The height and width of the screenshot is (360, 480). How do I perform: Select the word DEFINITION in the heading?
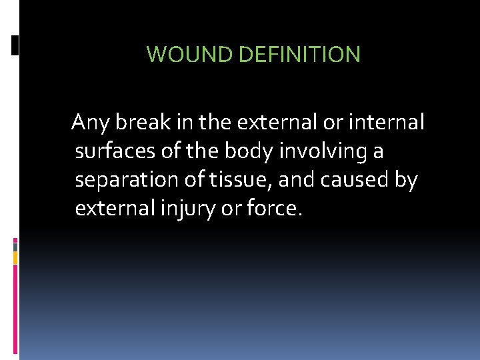coord(299,54)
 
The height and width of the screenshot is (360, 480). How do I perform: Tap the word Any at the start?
coord(91,123)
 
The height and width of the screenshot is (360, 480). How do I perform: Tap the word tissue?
coord(234,181)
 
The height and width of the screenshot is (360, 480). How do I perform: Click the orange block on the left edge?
coord(15,257)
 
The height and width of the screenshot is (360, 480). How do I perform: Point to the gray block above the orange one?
coord(15,246)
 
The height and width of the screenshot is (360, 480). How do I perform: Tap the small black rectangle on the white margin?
coord(15,45)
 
